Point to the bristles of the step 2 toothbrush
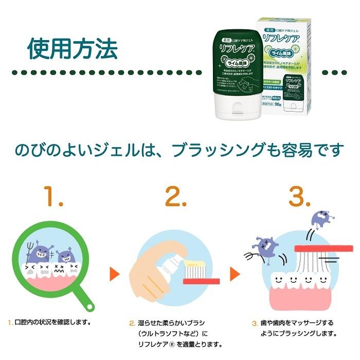click(x=194, y=270)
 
